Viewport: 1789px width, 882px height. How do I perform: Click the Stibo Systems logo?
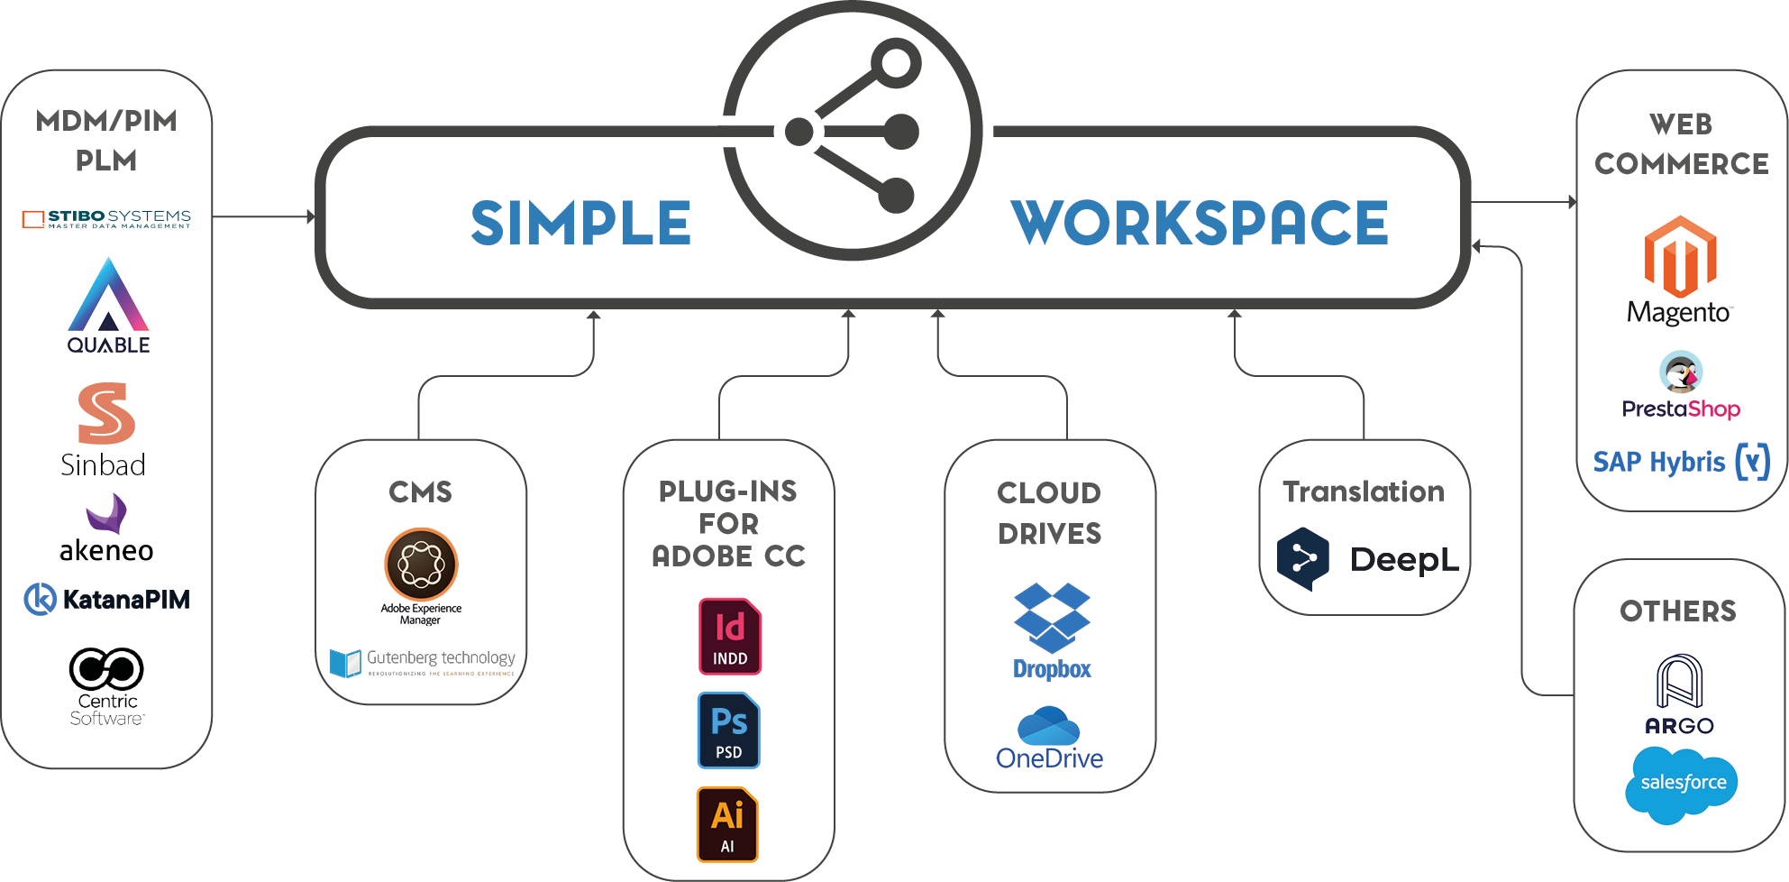point(106,218)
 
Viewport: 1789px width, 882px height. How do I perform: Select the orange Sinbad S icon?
point(106,413)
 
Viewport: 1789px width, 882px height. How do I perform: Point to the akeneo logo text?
point(106,550)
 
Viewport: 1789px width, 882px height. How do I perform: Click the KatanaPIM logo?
point(106,599)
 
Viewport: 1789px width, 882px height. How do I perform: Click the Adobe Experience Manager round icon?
point(421,565)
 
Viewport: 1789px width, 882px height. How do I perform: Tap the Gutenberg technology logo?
point(422,662)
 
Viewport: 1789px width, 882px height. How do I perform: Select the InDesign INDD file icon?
point(730,637)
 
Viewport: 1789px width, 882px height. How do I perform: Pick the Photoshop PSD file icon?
point(728,730)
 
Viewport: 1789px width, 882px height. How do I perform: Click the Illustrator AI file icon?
point(727,824)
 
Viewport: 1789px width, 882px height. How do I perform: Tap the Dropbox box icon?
point(1052,617)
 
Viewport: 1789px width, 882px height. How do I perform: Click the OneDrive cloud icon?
point(1048,726)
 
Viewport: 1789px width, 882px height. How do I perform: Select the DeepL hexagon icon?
point(1303,559)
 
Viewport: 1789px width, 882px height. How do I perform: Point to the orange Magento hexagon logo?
point(1680,257)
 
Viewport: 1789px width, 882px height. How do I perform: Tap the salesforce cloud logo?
point(1682,783)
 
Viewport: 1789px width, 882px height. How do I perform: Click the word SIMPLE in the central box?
point(580,224)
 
